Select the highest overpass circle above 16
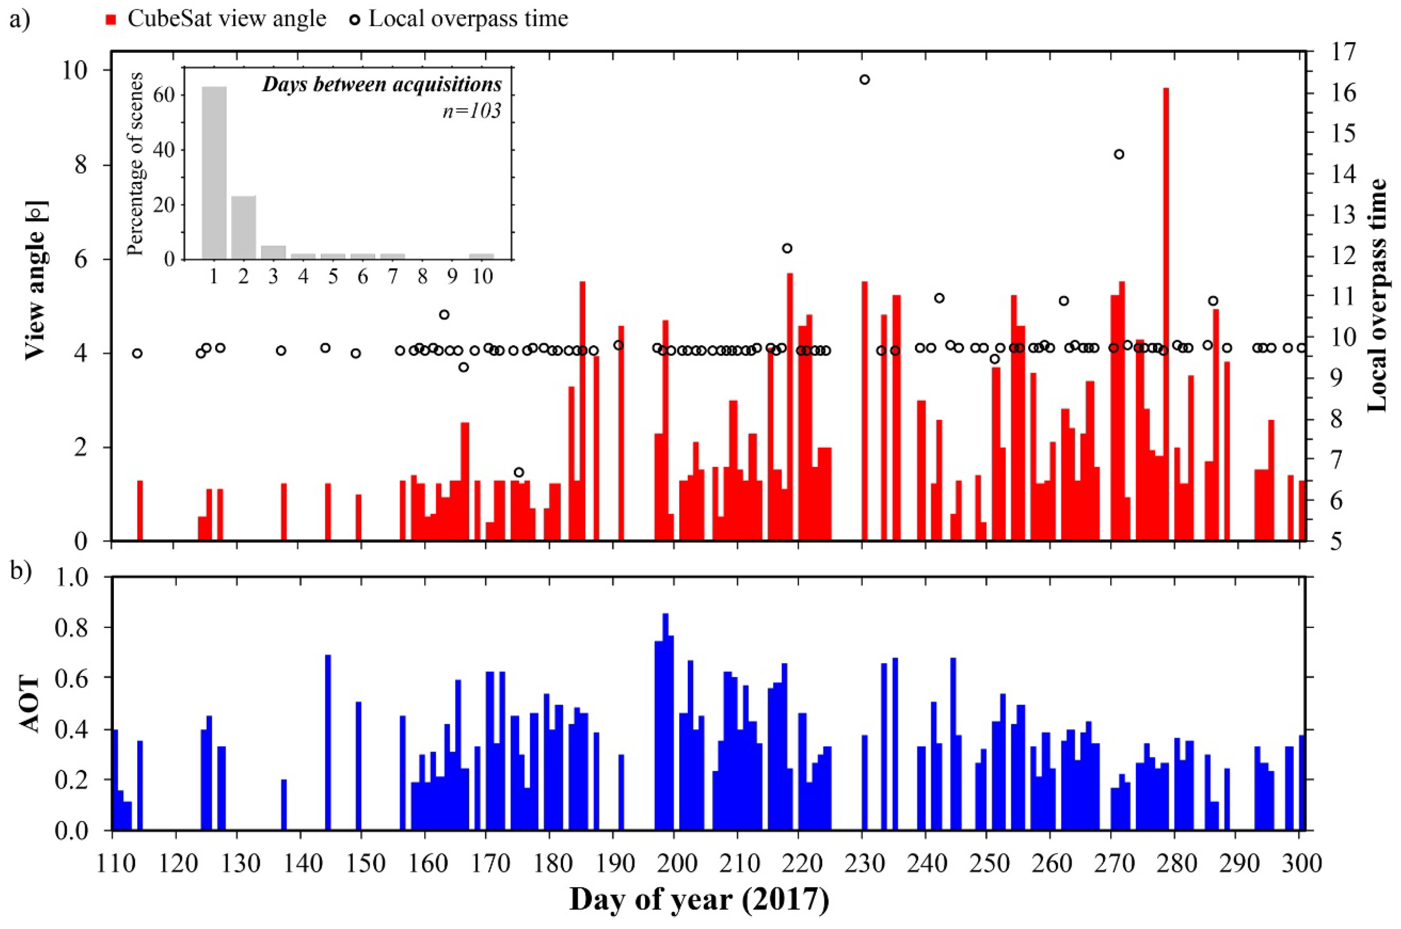864,79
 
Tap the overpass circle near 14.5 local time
1119,154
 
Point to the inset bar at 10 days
482,257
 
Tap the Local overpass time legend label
468,19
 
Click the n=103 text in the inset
472,111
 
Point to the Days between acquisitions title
382,85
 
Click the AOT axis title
30,704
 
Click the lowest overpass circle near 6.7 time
519,472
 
